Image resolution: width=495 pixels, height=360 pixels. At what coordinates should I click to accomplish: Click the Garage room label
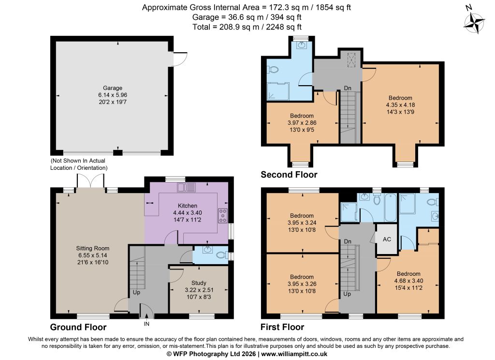(x=112, y=88)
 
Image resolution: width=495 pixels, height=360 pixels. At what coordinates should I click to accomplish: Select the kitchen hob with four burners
(x=222, y=215)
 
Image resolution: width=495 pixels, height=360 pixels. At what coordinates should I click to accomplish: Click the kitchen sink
(x=186, y=187)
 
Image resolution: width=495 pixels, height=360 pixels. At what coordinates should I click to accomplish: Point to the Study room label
(x=199, y=283)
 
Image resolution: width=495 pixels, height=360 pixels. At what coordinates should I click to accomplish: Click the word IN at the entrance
(x=146, y=324)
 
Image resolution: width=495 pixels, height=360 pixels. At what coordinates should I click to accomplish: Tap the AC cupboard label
(x=387, y=239)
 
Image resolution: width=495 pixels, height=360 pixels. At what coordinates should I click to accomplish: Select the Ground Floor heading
(x=78, y=327)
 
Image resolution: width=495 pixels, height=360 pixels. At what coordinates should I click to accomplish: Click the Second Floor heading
(x=289, y=175)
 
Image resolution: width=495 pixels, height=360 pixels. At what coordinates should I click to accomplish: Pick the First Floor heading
(x=282, y=327)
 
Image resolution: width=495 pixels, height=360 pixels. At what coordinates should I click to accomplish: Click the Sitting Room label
(x=92, y=248)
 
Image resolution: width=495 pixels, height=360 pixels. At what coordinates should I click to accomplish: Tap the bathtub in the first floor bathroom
(x=390, y=208)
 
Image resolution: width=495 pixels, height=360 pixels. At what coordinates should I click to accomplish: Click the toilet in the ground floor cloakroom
(x=223, y=255)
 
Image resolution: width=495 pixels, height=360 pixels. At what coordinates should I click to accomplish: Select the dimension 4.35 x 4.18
(x=400, y=105)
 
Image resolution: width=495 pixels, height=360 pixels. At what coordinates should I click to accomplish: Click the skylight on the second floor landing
(x=351, y=60)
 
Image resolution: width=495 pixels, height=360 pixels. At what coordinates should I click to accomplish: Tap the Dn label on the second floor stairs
(x=348, y=88)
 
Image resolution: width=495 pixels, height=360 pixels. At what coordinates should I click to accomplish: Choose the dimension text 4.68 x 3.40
(x=408, y=281)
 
